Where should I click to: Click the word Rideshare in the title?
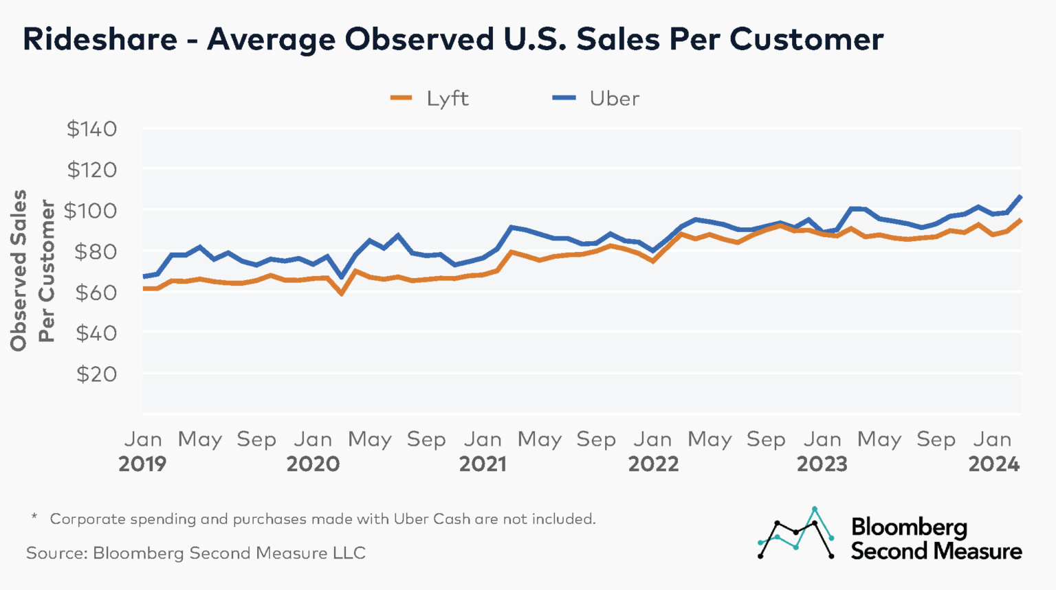click(x=100, y=39)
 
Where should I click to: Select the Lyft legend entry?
click(x=430, y=99)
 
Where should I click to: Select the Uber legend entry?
click(x=595, y=99)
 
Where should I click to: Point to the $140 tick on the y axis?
click(x=91, y=129)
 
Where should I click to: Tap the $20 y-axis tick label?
click(x=96, y=374)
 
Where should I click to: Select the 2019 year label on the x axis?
click(x=142, y=464)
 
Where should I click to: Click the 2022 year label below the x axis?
click(x=653, y=464)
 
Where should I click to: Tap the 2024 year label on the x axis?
click(x=993, y=464)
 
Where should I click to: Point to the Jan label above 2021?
click(x=483, y=440)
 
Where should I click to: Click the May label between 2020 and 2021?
click(x=370, y=440)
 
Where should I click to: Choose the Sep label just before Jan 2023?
click(x=766, y=440)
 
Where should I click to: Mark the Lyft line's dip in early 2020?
click(x=341, y=294)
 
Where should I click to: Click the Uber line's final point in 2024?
click(x=1020, y=196)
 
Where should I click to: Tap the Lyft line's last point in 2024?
click(x=1020, y=220)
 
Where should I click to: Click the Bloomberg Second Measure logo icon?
click(x=796, y=534)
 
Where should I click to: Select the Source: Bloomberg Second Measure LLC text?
click(x=196, y=553)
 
